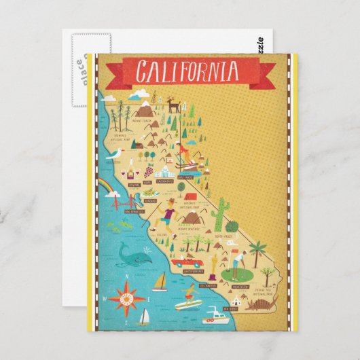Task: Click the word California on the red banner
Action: coord(187,71)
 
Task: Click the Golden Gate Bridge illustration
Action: coord(121,202)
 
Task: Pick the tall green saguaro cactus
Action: coord(219,215)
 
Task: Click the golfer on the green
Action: coord(235,262)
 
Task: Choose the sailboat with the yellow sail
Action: coord(160,281)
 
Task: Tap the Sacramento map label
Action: coord(165,182)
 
